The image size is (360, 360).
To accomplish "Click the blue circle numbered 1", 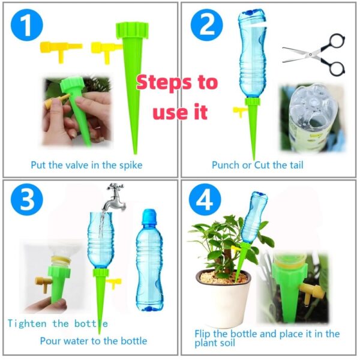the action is (x=27, y=25).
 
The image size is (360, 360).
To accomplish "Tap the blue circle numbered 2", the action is (x=206, y=25).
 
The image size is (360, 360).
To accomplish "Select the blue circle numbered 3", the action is (x=27, y=199).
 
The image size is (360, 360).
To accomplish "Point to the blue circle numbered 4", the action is (x=205, y=199).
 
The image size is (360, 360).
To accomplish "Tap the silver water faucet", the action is (x=114, y=197).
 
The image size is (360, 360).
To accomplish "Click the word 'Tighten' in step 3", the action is (x=27, y=324).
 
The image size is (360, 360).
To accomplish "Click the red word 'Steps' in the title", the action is (x=164, y=83).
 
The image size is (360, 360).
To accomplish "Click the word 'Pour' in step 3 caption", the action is (x=50, y=341).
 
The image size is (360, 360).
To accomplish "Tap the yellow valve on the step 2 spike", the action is (x=239, y=112).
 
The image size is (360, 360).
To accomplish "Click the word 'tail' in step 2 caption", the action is (x=296, y=165).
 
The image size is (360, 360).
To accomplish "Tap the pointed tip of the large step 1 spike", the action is (x=135, y=153).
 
